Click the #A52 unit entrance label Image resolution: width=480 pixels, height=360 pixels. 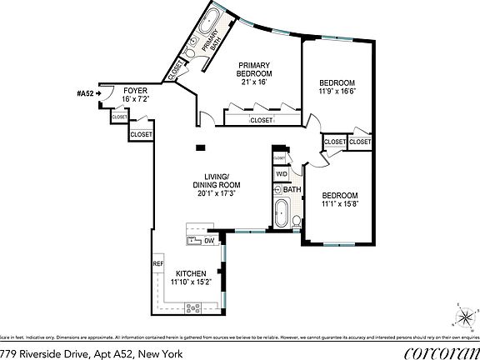[x=85, y=92]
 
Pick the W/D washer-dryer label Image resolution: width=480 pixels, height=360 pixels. [x=281, y=174]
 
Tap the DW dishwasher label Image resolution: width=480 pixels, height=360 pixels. [x=208, y=241]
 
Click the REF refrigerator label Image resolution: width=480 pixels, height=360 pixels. [x=157, y=264]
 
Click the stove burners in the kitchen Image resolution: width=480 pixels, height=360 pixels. [x=192, y=307]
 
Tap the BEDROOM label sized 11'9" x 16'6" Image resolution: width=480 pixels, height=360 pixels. [x=337, y=82]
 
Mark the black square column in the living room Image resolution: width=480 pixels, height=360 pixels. [x=200, y=148]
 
